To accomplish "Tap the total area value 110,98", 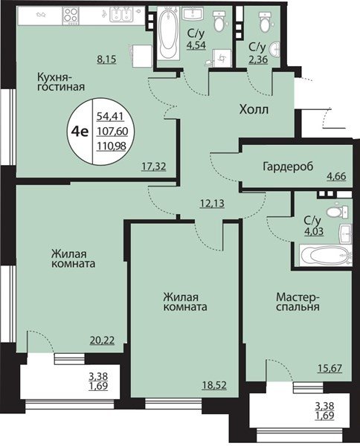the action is click(112, 146).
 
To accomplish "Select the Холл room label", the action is click(254, 109).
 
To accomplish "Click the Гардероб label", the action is click(288, 167).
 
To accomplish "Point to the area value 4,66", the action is click(336, 176).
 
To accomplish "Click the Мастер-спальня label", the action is click(298, 302).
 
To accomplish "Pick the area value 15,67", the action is click(330, 369).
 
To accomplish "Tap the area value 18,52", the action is click(214, 385).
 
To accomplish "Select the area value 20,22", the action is click(102, 340).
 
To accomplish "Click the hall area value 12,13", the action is click(212, 204).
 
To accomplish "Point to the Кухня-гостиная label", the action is click(61, 82).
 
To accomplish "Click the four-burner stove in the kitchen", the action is click(71, 15).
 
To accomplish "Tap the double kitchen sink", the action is click(121, 15).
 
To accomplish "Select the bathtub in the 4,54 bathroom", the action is click(168, 33).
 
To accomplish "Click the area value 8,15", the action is click(106, 59).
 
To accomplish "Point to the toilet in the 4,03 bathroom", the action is click(338, 211).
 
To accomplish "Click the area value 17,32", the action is click(154, 166).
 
